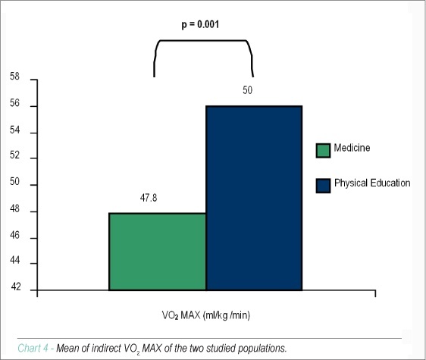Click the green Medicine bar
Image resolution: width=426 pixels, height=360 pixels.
pos(158,252)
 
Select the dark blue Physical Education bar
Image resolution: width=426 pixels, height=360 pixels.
pos(254,198)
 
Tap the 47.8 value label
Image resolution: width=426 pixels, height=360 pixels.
pos(149,198)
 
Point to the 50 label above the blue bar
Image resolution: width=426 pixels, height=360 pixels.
pos(248,90)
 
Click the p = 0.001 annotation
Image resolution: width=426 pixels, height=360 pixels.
pos(200,24)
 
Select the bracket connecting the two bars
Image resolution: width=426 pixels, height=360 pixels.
pos(203,41)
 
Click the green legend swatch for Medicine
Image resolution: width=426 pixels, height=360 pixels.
pos(324,150)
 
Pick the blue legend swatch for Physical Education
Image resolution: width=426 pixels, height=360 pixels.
pos(324,186)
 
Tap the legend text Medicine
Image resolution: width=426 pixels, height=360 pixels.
pos(352,148)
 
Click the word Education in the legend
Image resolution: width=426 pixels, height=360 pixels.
pos(390,183)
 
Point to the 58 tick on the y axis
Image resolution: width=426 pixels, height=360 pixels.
pos(14,77)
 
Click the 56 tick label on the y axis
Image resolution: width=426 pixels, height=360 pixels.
pos(14,103)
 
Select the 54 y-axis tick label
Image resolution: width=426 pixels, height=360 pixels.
pos(14,130)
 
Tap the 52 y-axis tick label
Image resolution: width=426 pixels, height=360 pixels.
pos(14,155)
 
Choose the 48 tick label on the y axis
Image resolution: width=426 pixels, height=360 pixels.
pos(14,208)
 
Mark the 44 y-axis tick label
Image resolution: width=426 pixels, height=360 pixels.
pos(14,260)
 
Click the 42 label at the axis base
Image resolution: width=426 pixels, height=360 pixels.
pos(16,286)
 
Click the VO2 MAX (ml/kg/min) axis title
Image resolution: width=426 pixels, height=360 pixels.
pos(206,315)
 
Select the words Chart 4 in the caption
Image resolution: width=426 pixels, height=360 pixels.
pos(33,348)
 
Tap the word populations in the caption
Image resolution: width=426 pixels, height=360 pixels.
pos(262,349)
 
